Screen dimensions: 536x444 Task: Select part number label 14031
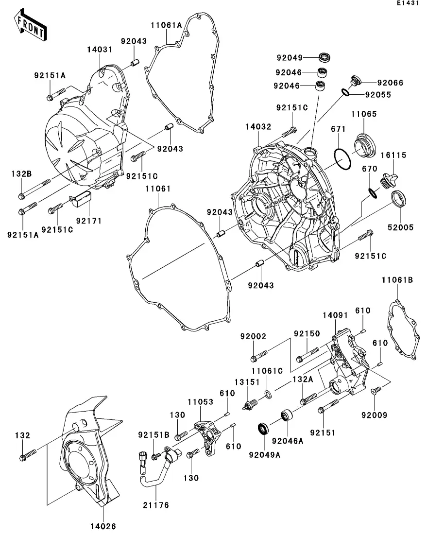[100, 50]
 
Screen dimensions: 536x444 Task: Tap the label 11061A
[166, 25]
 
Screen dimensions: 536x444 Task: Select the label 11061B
[397, 280]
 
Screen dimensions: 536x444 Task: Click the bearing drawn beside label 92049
[325, 57]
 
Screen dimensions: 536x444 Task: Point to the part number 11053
[201, 402]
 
